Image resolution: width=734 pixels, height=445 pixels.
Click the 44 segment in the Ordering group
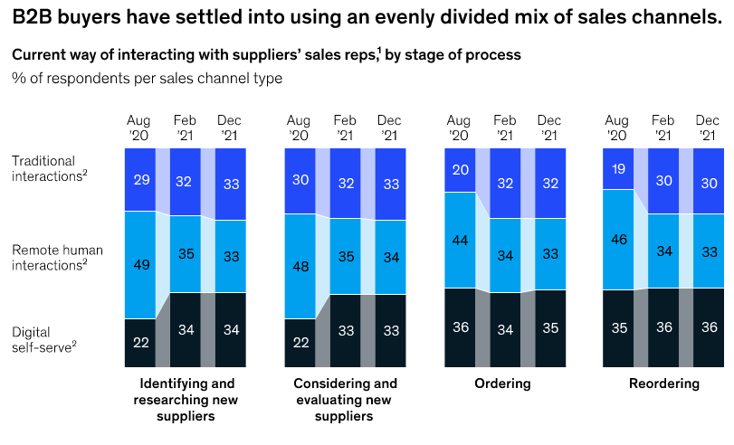(x=459, y=240)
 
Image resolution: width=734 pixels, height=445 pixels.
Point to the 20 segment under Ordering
(x=459, y=171)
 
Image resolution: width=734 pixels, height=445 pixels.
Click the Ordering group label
(x=502, y=383)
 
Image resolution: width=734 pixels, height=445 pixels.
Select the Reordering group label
(x=664, y=383)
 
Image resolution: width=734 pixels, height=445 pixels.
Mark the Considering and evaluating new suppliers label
(x=345, y=400)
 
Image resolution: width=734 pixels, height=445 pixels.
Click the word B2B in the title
(x=32, y=15)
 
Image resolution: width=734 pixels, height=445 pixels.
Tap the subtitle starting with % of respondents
(x=147, y=78)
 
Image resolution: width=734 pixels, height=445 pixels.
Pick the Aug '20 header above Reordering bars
(x=617, y=128)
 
